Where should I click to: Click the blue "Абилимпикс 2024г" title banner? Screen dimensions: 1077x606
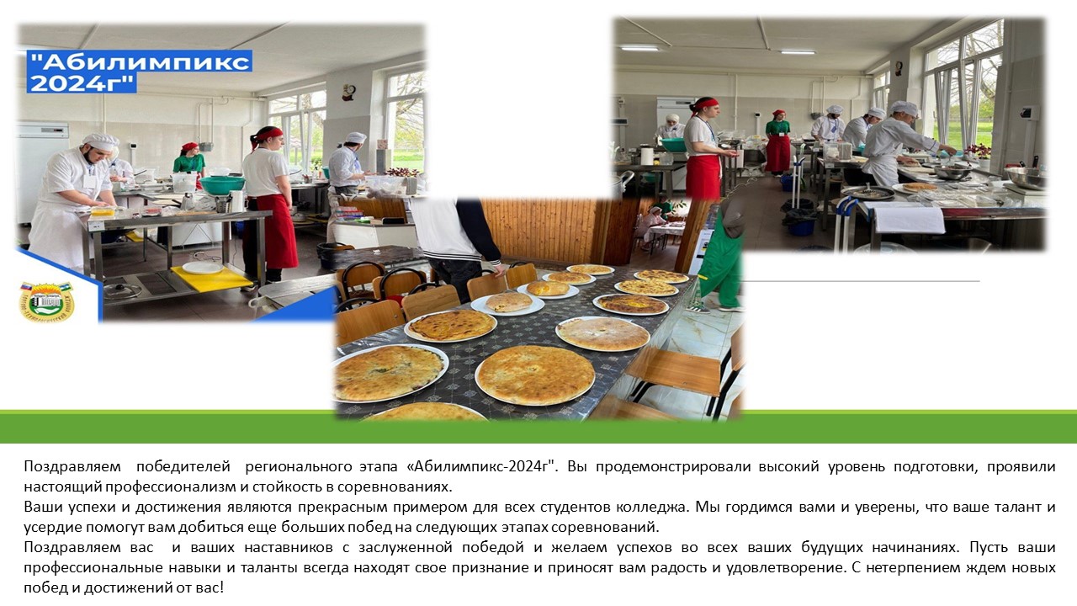point(140,72)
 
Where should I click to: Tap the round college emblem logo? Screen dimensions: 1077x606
point(46,301)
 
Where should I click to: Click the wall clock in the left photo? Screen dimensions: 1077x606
point(349,92)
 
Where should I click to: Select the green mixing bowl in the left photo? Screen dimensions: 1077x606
point(222,184)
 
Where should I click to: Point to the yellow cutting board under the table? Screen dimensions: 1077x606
point(211,278)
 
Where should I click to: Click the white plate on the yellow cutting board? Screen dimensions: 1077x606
point(203,268)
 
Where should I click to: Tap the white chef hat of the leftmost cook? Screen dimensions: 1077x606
point(100,141)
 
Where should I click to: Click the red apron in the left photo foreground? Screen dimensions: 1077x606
point(274,230)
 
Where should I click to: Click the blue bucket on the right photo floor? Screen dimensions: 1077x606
point(802,226)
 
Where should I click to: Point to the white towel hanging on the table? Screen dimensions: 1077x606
point(910,218)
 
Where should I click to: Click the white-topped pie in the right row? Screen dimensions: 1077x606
point(602,332)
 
